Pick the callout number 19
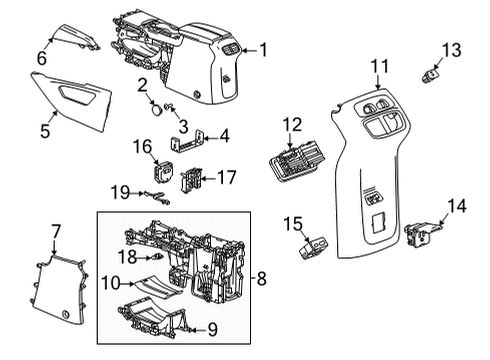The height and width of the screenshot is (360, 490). click(120, 190)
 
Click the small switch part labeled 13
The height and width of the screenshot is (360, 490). click(434, 72)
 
